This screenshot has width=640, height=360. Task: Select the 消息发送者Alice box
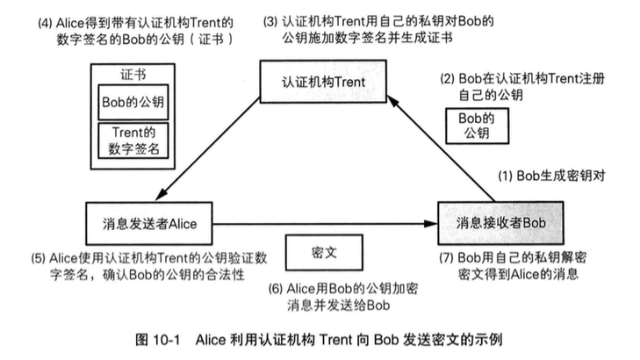[148, 223]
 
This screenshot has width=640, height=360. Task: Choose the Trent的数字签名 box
[132, 140]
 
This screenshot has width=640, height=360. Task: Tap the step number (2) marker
[448, 80]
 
